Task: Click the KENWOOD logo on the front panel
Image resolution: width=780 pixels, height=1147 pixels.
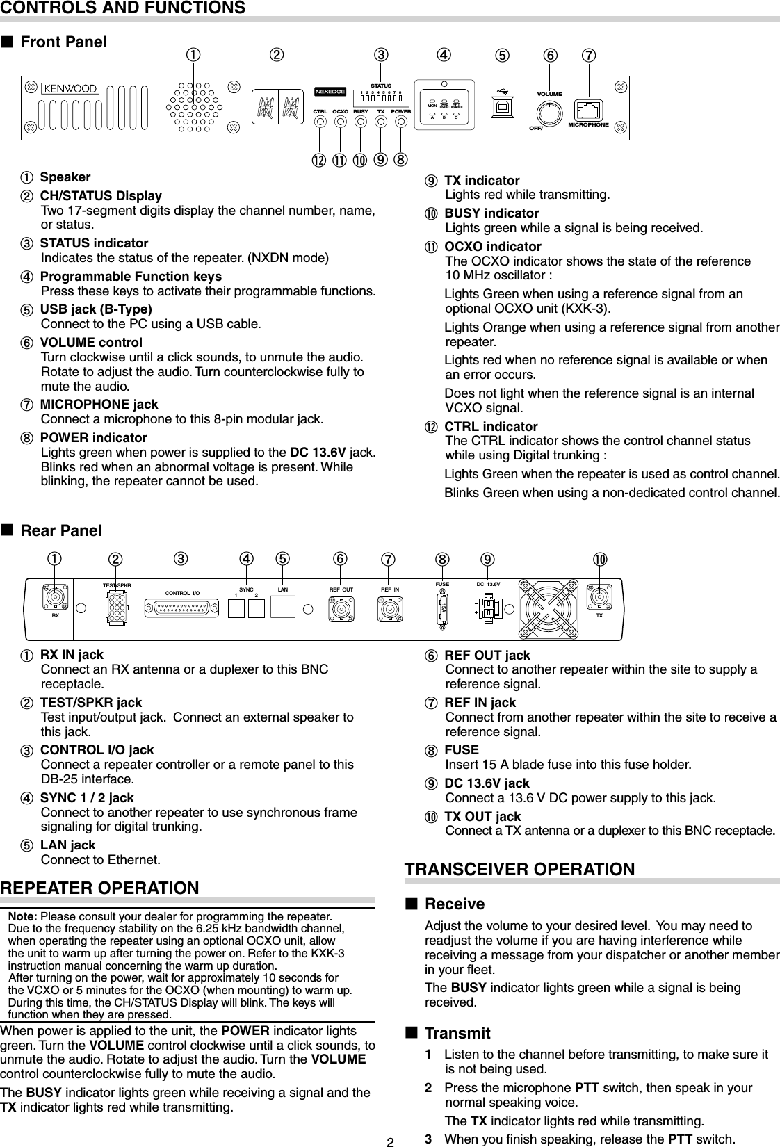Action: pos(72,88)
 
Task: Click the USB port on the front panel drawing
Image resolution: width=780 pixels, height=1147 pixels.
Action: pos(501,108)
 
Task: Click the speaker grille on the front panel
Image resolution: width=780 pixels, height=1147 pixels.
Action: pos(196,107)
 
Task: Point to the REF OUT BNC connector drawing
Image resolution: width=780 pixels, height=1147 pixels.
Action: pos(341,610)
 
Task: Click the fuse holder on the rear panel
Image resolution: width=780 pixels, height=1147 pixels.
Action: pos(443,609)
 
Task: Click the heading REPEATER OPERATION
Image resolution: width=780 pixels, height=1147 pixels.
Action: pos(100,888)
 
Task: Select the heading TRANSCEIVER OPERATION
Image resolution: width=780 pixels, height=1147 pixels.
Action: pos(519,869)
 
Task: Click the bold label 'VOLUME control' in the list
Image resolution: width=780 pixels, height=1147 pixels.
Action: pos(91,343)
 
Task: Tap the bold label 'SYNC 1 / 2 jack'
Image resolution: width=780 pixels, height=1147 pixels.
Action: pos(87,798)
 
